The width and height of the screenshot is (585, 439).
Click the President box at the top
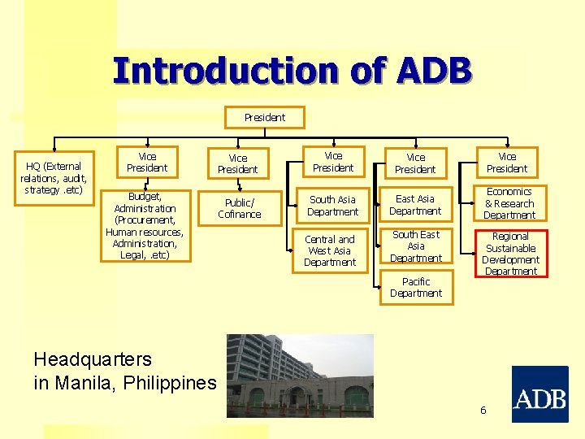(x=265, y=118)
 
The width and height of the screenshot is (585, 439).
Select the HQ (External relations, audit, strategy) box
(x=54, y=178)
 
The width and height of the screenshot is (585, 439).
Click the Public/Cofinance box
(x=239, y=209)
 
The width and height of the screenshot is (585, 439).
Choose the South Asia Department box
(x=332, y=206)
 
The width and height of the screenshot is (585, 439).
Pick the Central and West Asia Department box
(x=330, y=251)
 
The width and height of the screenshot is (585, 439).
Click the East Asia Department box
(x=415, y=205)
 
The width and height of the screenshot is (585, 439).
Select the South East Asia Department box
(x=415, y=246)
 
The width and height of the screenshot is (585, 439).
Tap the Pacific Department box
(x=416, y=288)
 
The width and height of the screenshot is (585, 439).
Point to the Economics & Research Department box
(x=509, y=204)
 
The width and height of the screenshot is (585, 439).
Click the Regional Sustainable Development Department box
(x=511, y=254)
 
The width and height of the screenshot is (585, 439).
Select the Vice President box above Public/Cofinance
(x=237, y=163)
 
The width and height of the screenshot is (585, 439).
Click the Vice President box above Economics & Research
(x=507, y=163)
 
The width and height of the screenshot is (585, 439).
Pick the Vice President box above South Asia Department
(x=333, y=163)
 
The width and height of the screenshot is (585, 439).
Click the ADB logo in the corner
(x=539, y=394)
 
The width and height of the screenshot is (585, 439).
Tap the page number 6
(x=483, y=411)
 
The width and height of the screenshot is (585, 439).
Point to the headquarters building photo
(x=300, y=375)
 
